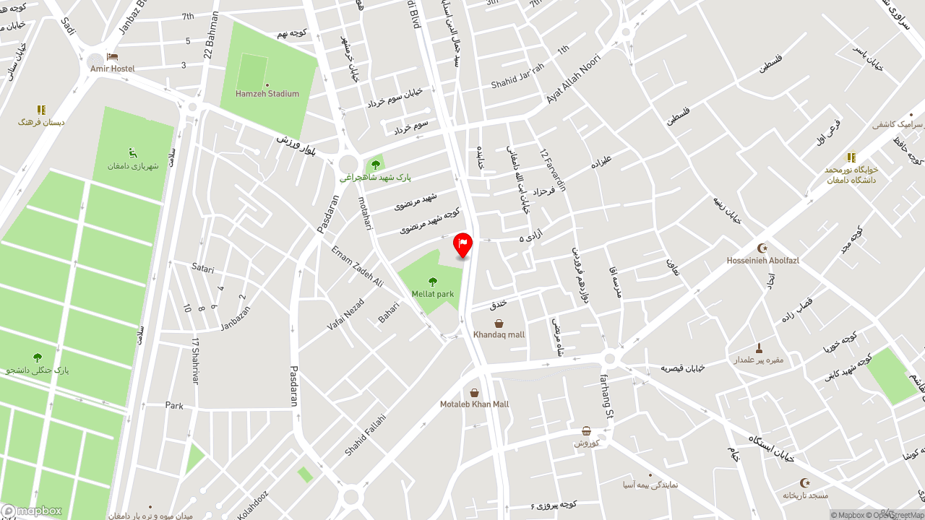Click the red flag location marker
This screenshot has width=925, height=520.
462,245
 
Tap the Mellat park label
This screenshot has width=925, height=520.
433,294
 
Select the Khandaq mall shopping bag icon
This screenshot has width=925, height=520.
499,324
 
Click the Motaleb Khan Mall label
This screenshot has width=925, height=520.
474,404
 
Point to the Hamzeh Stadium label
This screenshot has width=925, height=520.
267,94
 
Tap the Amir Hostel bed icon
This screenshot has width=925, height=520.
112,56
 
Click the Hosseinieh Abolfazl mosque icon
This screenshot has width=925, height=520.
762,248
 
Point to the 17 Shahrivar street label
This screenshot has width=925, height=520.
195,360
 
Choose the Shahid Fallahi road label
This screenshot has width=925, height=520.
365,434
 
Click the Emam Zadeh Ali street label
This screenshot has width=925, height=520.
357,266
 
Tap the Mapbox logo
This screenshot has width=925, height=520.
32,511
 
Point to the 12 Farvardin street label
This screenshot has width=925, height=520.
553,170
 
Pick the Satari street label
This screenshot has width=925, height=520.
203,268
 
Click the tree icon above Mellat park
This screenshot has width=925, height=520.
433,282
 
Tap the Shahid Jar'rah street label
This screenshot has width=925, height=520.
517,81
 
